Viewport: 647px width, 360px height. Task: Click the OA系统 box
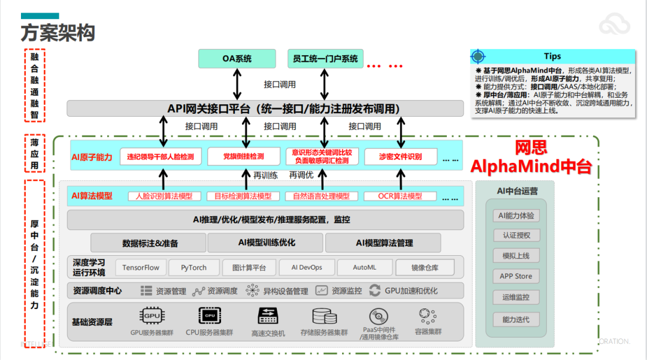[237, 59]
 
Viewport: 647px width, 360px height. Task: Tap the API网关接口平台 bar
[265, 108]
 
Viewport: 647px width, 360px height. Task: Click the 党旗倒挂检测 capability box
[244, 157]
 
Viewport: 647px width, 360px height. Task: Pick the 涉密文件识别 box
[400, 157]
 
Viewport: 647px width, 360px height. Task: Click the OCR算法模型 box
[400, 196]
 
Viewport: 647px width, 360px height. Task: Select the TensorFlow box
[141, 267]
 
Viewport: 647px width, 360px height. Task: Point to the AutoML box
[365, 267]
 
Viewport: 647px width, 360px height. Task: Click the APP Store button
[516, 276]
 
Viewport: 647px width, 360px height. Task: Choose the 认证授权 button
[516, 235]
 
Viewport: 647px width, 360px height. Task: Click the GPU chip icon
[152, 316]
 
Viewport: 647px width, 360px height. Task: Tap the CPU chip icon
[209, 316]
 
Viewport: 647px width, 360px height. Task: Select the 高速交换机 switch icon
[268, 316]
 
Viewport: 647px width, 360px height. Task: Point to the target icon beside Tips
[477, 57]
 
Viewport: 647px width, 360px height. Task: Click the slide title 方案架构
[58, 32]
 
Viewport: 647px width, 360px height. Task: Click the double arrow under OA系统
[237, 84]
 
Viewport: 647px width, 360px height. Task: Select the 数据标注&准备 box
[150, 243]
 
